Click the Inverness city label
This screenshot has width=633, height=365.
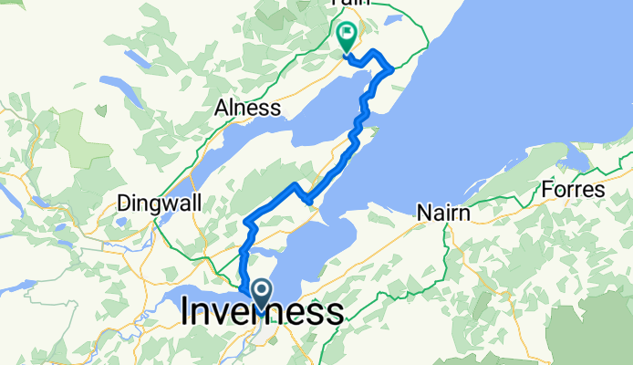263,313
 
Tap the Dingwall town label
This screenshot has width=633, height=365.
160,203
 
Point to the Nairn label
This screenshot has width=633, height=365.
443,213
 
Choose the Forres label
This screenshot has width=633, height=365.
573,190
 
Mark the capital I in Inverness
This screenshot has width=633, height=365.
187,313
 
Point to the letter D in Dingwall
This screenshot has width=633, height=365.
126,203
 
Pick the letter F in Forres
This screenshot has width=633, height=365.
546,190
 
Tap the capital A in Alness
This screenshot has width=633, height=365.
221,108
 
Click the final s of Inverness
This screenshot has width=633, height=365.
336,313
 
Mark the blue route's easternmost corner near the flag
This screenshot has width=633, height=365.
391,68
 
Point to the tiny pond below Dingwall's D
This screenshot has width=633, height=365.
121,221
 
